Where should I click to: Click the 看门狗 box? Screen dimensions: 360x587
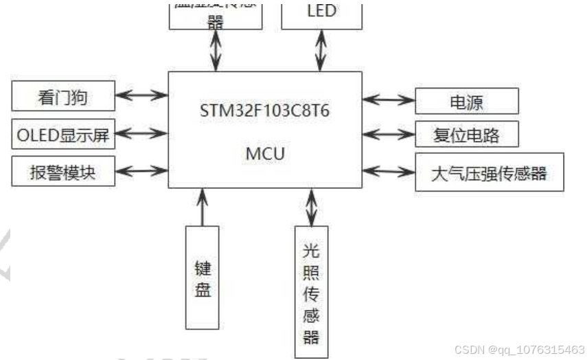62,98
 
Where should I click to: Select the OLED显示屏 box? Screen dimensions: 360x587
62,135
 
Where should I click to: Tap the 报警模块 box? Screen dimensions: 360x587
62,172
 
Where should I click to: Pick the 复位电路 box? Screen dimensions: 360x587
466,135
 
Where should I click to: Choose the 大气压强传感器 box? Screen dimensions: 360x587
489,172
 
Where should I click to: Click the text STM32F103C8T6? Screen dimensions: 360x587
265,111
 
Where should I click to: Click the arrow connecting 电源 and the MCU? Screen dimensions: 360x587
389,100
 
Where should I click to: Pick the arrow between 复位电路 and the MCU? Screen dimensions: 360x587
389,133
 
